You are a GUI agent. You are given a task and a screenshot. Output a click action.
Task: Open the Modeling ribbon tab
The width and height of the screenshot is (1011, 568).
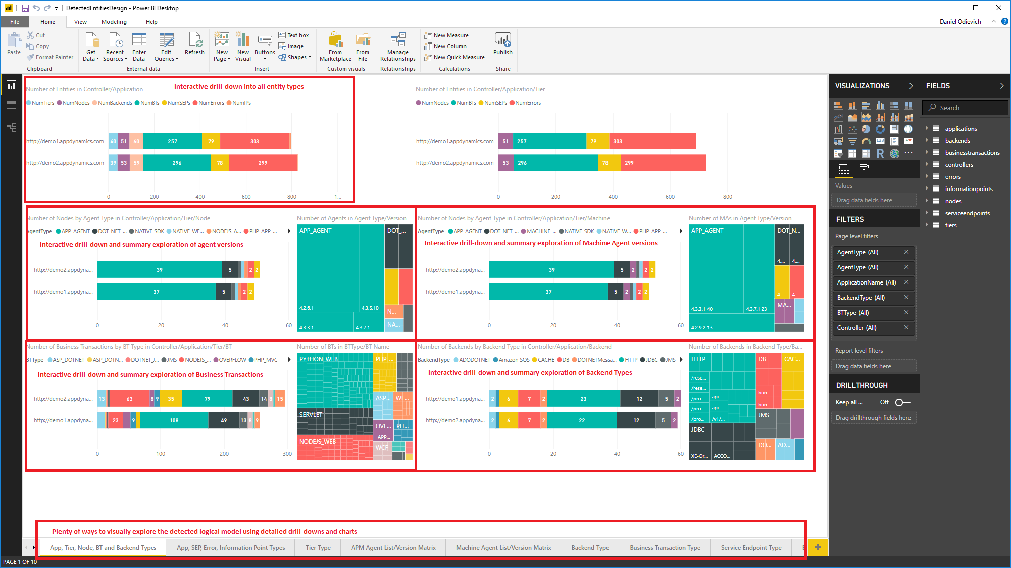[x=114, y=22]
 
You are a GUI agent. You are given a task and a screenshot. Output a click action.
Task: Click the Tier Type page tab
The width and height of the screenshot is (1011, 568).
[x=318, y=548]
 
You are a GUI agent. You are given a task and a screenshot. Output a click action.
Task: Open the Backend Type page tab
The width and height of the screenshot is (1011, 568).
[x=590, y=548]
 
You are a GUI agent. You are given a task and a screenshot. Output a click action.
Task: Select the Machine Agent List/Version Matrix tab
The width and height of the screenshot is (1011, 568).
[x=503, y=548]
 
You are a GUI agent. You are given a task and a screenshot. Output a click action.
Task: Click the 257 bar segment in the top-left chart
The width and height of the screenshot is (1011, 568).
[x=172, y=141]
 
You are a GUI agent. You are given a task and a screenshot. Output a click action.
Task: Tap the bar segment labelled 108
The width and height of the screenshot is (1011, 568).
[x=174, y=420]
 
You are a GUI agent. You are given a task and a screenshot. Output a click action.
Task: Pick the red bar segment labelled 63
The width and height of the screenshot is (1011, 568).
[x=129, y=399]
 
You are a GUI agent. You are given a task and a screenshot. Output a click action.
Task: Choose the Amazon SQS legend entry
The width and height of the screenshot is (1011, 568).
[x=514, y=360]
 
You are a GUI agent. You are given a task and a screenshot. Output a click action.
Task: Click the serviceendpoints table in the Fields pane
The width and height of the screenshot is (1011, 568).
[x=967, y=213]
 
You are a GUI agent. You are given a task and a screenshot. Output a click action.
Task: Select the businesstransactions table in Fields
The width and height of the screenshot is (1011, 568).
[x=972, y=153]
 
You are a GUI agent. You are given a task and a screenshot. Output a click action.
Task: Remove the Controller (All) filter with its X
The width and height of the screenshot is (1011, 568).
[x=906, y=327]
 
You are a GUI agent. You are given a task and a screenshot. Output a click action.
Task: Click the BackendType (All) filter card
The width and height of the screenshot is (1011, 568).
[x=861, y=298]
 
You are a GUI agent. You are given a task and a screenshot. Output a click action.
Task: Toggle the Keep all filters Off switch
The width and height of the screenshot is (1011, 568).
[x=902, y=402]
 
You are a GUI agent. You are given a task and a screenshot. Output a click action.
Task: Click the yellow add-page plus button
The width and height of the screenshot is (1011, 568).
[x=818, y=547]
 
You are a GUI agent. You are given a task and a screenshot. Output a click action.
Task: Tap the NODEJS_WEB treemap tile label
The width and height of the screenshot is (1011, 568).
[x=318, y=442]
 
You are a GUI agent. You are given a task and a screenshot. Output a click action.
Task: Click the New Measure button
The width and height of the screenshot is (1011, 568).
[x=451, y=35]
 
